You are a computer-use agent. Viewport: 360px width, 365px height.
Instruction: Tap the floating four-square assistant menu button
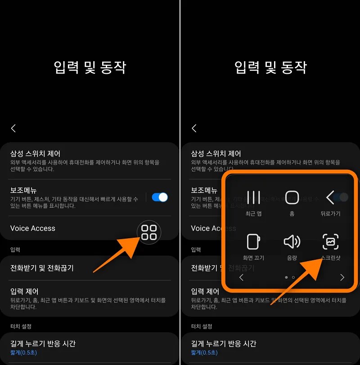click(149, 232)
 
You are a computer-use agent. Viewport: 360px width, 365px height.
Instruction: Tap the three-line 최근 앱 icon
click(254, 197)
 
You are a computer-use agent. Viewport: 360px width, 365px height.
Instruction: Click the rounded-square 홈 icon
click(292, 197)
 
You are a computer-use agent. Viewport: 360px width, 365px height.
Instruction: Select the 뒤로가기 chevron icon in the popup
click(330, 197)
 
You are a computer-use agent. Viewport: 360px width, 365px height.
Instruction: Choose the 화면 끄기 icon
click(254, 242)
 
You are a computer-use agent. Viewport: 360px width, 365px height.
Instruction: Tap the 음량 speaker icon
click(292, 242)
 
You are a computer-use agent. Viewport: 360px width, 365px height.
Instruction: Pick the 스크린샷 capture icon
click(330, 242)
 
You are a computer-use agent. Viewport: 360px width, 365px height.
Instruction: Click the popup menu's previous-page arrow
click(242, 277)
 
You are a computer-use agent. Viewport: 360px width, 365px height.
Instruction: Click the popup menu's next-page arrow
click(342, 277)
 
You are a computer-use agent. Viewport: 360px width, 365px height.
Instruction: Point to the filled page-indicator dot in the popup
click(287, 277)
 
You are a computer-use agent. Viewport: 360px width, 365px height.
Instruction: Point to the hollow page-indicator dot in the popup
click(293, 277)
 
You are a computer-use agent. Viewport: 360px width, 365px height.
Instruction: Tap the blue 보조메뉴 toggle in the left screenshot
click(160, 197)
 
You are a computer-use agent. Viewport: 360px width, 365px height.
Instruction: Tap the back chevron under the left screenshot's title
click(13, 129)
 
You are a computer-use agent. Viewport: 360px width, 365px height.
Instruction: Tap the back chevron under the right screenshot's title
click(194, 129)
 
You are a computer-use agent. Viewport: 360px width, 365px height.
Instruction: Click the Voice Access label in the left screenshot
click(33, 228)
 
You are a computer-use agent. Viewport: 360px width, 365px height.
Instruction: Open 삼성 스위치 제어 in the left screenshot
click(35, 153)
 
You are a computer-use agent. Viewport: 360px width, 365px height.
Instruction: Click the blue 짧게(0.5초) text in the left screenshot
click(23, 353)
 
